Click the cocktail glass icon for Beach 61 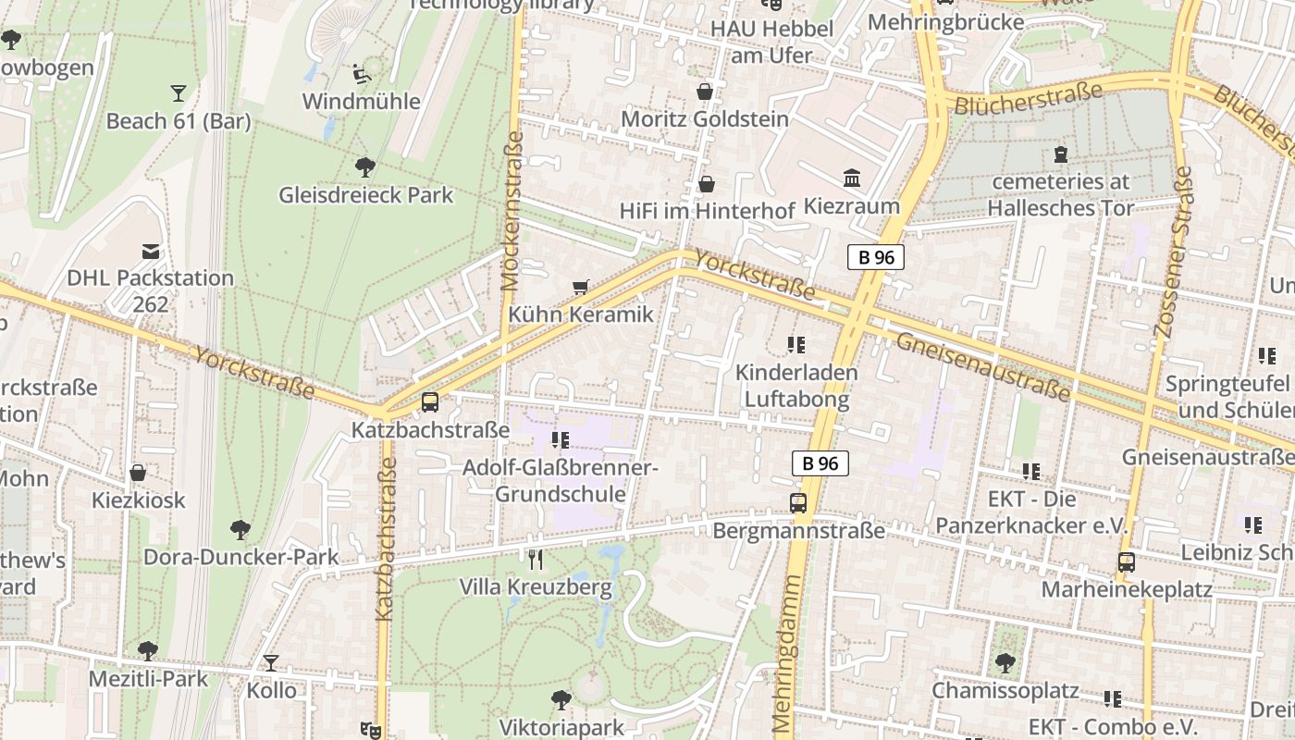click(x=178, y=92)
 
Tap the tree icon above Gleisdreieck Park click(x=365, y=167)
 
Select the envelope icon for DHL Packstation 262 click(x=150, y=252)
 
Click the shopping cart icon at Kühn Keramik click(x=580, y=288)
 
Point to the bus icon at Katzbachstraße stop click(x=430, y=402)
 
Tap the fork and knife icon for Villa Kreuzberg click(x=535, y=559)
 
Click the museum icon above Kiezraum click(x=852, y=178)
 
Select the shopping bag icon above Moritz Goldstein click(x=705, y=92)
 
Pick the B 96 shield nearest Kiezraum click(x=875, y=257)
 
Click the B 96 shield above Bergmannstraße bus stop click(x=820, y=463)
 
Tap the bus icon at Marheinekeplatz click(x=1126, y=561)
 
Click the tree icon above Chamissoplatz click(x=1005, y=663)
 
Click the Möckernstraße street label click(x=512, y=210)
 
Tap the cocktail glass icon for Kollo click(x=270, y=663)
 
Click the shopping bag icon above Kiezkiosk click(x=138, y=474)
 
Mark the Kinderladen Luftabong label click(x=796, y=386)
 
